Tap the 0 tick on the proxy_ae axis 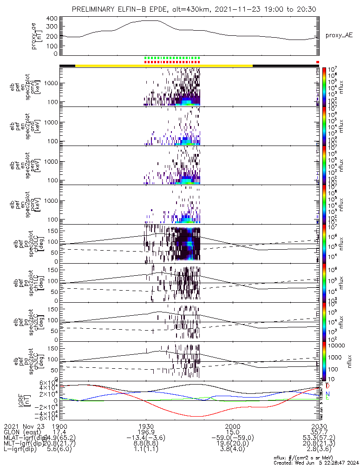point(55,53)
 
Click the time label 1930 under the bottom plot point(146,425)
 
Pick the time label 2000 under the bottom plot point(232,425)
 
